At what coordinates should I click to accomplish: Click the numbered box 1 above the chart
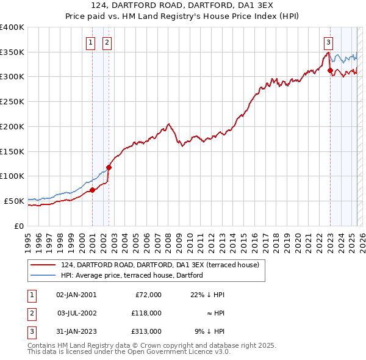(x=91, y=42)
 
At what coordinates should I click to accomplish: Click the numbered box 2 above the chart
(x=107, y=42)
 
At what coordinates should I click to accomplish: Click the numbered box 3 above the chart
(x=328, y=42)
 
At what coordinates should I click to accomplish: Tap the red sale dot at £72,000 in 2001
(x=92, y=190)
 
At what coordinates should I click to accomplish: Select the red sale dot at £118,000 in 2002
(x=109, y=167)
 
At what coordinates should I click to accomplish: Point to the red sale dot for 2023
(x=330, y=70)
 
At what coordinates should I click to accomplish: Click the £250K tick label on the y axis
(x=12, y=101)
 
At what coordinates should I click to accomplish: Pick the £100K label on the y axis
(x=12, y=176)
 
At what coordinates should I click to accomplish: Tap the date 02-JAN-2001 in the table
(x=76, y=295)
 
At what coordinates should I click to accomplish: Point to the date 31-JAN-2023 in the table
(x=76, y=331)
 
